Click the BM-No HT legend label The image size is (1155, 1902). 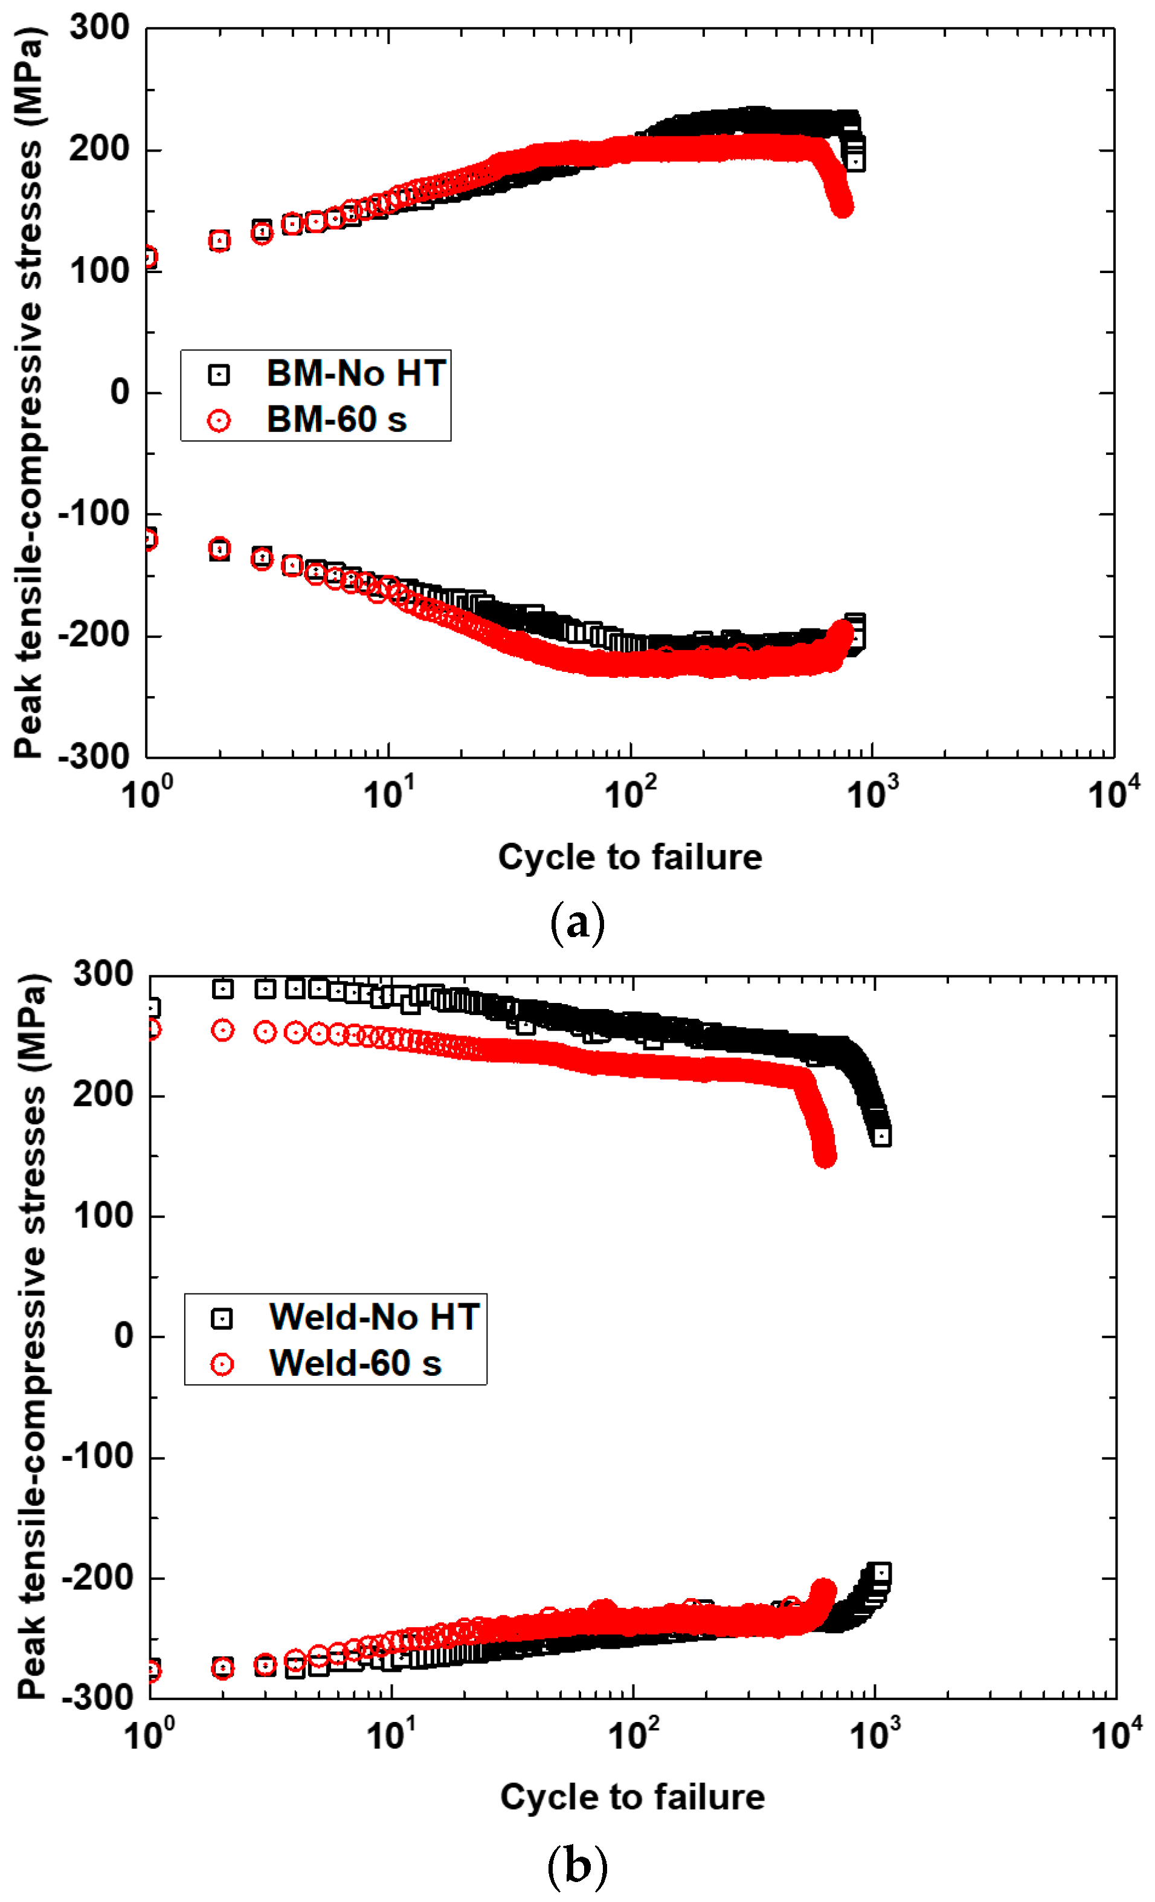(356, 373)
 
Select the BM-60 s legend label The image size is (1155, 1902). (336, 420)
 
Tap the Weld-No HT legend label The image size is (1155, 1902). (374, 1317)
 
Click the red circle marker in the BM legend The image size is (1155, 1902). (219, 421)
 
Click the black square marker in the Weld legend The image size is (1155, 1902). (222, 1318)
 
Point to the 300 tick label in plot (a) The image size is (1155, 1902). (100, 28)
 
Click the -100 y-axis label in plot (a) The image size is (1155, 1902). (94, 514)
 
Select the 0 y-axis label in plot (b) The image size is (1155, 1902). (123, 1335)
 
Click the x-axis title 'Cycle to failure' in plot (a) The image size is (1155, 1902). (629, 857)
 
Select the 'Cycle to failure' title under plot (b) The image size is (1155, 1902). (632, 1797)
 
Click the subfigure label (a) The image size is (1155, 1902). (577, 921)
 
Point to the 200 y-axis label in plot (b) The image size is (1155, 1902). (103, 1095)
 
